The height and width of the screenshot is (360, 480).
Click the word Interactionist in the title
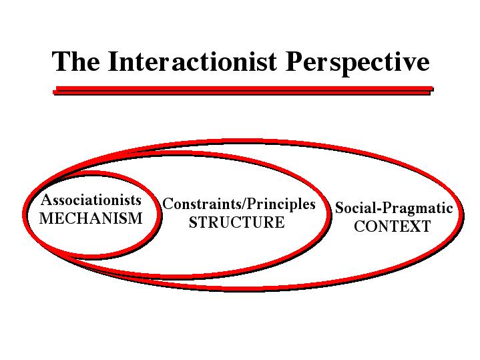[x=192, y=61]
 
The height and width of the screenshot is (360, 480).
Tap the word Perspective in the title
[x=357, y=63]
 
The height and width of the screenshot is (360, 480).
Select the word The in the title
[x=75, y=61]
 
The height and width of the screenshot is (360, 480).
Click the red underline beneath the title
[x=243, y=90]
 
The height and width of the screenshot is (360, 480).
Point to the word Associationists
[x=91, y=200]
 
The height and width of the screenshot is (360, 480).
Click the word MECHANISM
[x=91, y=218]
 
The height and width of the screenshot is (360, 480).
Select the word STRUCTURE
[x=236, y=222]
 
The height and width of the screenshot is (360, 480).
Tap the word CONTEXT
[x=393, y=226]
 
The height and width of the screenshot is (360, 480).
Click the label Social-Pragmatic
[x=394, y=208]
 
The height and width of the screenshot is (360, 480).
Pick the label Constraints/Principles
[x=239, y=204]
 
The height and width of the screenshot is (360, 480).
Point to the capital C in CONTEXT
[x=359, y=226]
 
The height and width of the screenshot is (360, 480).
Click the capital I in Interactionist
[x=113, y=61]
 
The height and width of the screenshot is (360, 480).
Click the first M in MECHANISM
[x=46, y=218]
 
